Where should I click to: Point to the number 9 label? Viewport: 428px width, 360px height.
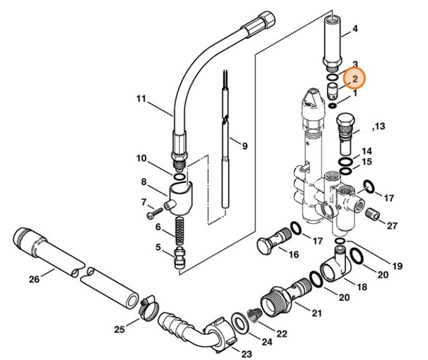(x=245, y=146)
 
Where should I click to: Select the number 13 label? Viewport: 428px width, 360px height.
(x=379, y=126)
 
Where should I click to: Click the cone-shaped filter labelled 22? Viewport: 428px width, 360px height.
(x=253, y=315)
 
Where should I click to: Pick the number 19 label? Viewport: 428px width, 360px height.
(x=396, y=266)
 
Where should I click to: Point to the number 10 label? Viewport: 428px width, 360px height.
(x=142, y=159)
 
